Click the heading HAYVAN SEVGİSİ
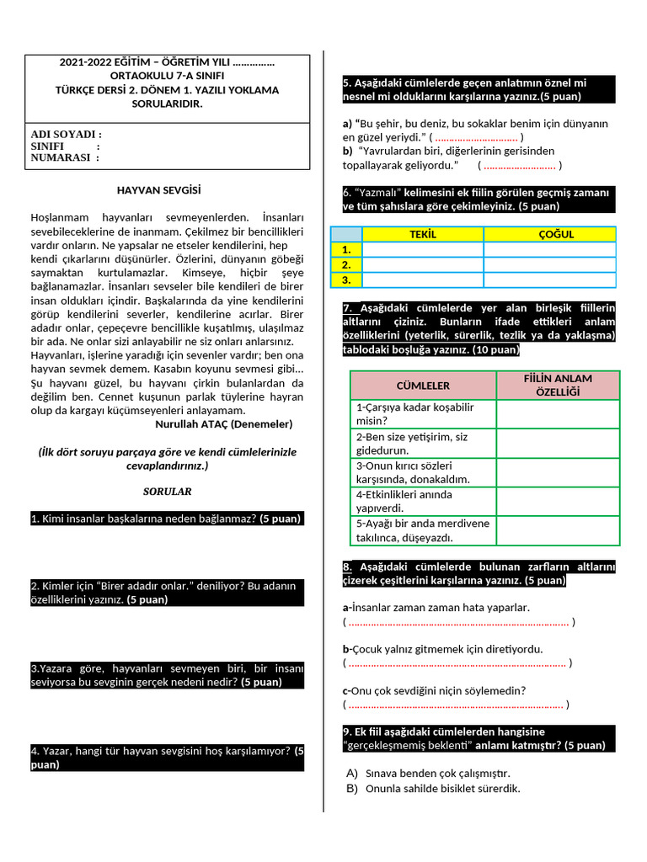click(x=158, y=190)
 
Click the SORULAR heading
click(x=167, y=491)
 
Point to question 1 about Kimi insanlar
click(x=166, y=519)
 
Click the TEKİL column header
click(x=422, y=234)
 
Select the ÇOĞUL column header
click(x=556, y=234)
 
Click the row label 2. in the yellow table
click(x=345, y=264)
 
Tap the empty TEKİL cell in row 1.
click(x=422, y=249)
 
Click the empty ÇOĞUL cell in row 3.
click(x=556, y=279)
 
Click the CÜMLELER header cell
click(x=423, y=386)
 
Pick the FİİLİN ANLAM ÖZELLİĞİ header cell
click(x=558, y=386)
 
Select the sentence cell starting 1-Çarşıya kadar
click(x=423, y=414)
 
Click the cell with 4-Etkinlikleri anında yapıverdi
click(x=423, y=501)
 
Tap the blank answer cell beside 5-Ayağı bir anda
click(x=558, y=530)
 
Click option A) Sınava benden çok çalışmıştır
click(x=437, y=773)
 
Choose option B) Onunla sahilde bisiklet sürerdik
click(x=442, y=789)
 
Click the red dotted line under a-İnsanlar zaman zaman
click(x=458, y=623)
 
